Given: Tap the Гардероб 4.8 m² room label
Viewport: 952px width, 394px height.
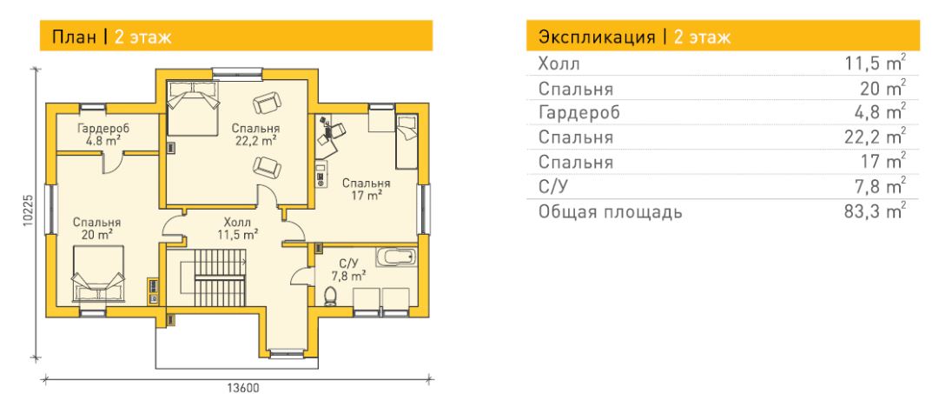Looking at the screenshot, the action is [x=104, y=134].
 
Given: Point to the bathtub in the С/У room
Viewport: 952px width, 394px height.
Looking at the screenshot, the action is [x=396, y=257].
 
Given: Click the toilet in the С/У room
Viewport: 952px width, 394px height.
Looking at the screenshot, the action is [x=330, y=296].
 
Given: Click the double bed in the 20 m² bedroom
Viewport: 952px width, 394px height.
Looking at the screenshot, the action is [x=98, y=274].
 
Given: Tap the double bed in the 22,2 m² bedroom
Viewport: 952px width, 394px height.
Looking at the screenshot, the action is [x=193, y=108].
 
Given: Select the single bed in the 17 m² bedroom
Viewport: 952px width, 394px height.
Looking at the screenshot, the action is [x=407, y=142].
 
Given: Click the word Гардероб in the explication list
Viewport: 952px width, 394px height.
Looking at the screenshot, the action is [x=579, y=112].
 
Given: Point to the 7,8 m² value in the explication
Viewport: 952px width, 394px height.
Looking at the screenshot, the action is [x=880, y=186].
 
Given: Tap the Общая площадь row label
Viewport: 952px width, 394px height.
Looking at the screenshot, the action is [x=610, y=211].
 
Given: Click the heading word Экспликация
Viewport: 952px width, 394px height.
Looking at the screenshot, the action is [x=597, y=37].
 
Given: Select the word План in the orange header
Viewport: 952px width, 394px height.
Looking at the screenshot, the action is [x=74, y=37].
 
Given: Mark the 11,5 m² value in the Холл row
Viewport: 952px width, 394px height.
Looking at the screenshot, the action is [x=875, y=63].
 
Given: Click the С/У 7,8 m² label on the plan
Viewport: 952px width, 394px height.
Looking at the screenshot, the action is [x=348, y=269].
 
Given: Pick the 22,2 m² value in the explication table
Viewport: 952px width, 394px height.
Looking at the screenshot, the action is [x=875, y=137].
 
